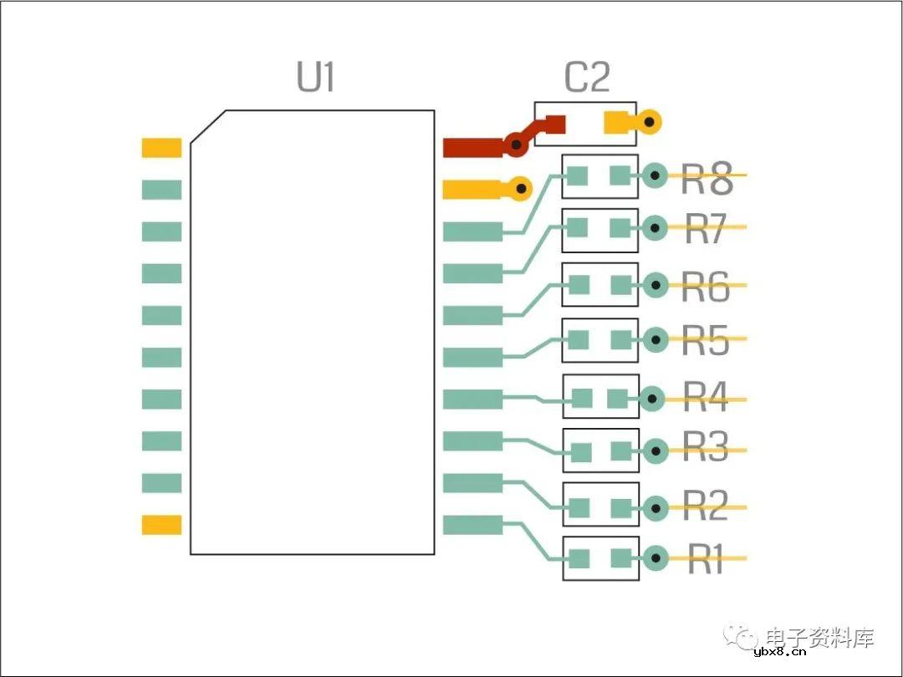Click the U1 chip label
[x=316, y=78]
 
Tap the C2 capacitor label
[x=587, y=78]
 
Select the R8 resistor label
[x=707, y=179]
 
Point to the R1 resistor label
[x=707, y=560]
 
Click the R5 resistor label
[x=707, y=341]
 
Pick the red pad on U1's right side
[x=472, y=148]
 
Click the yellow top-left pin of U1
[x=161, y=148]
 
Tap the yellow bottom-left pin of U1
[x=161, y=525]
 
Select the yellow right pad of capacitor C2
[x=618, y=123]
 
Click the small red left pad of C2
[x=554, y=124]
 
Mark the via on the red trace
[x=516, y=146]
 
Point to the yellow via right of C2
[x=650, y=123]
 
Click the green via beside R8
[x=655, y=176]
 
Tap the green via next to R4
[x=652, y=400]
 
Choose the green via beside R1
[x=655, y=557]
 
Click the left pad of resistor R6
[x=579, y=285]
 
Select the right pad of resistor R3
[x=620, y=452]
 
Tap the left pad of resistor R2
[x=579, y=507]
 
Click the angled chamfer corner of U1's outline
[x=207, y=127]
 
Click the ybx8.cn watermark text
[x=779, y=653]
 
